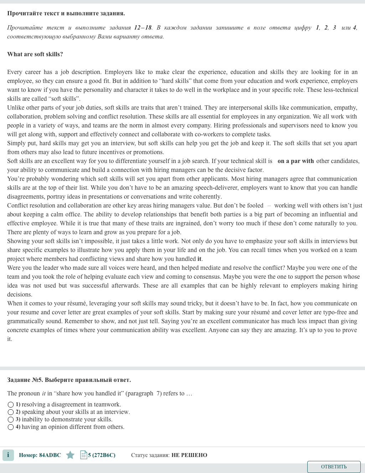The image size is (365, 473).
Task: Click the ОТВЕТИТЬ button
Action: pos(334,467)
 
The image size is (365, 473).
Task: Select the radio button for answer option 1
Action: pos(11,405)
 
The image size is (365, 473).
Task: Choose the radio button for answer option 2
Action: pos(11,412)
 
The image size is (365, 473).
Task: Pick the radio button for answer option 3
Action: pos(11,420)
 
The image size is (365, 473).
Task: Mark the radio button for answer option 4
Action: pos(11,427)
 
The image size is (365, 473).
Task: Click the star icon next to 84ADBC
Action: pos(70,455)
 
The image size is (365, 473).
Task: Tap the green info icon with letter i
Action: pos(8,455)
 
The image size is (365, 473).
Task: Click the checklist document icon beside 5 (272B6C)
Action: pos(84,455)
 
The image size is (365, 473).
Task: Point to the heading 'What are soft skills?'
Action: pos(35,54)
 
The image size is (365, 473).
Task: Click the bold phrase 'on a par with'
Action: pos(295,161)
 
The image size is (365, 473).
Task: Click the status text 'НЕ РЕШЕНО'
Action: pos(189,455)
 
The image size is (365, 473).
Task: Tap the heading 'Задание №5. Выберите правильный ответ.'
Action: pos(69,380)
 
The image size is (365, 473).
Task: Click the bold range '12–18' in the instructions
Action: pos(143,27)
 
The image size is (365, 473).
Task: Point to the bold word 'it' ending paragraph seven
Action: pos(199,259)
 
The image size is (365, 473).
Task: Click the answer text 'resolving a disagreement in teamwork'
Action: pos(71,405)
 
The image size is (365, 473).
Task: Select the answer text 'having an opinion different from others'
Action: pos(73,427)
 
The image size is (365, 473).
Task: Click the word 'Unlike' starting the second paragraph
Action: pos(16,107)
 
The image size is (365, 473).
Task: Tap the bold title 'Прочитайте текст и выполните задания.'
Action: pos(66,13)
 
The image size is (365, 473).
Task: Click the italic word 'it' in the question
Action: pos(44,393)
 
